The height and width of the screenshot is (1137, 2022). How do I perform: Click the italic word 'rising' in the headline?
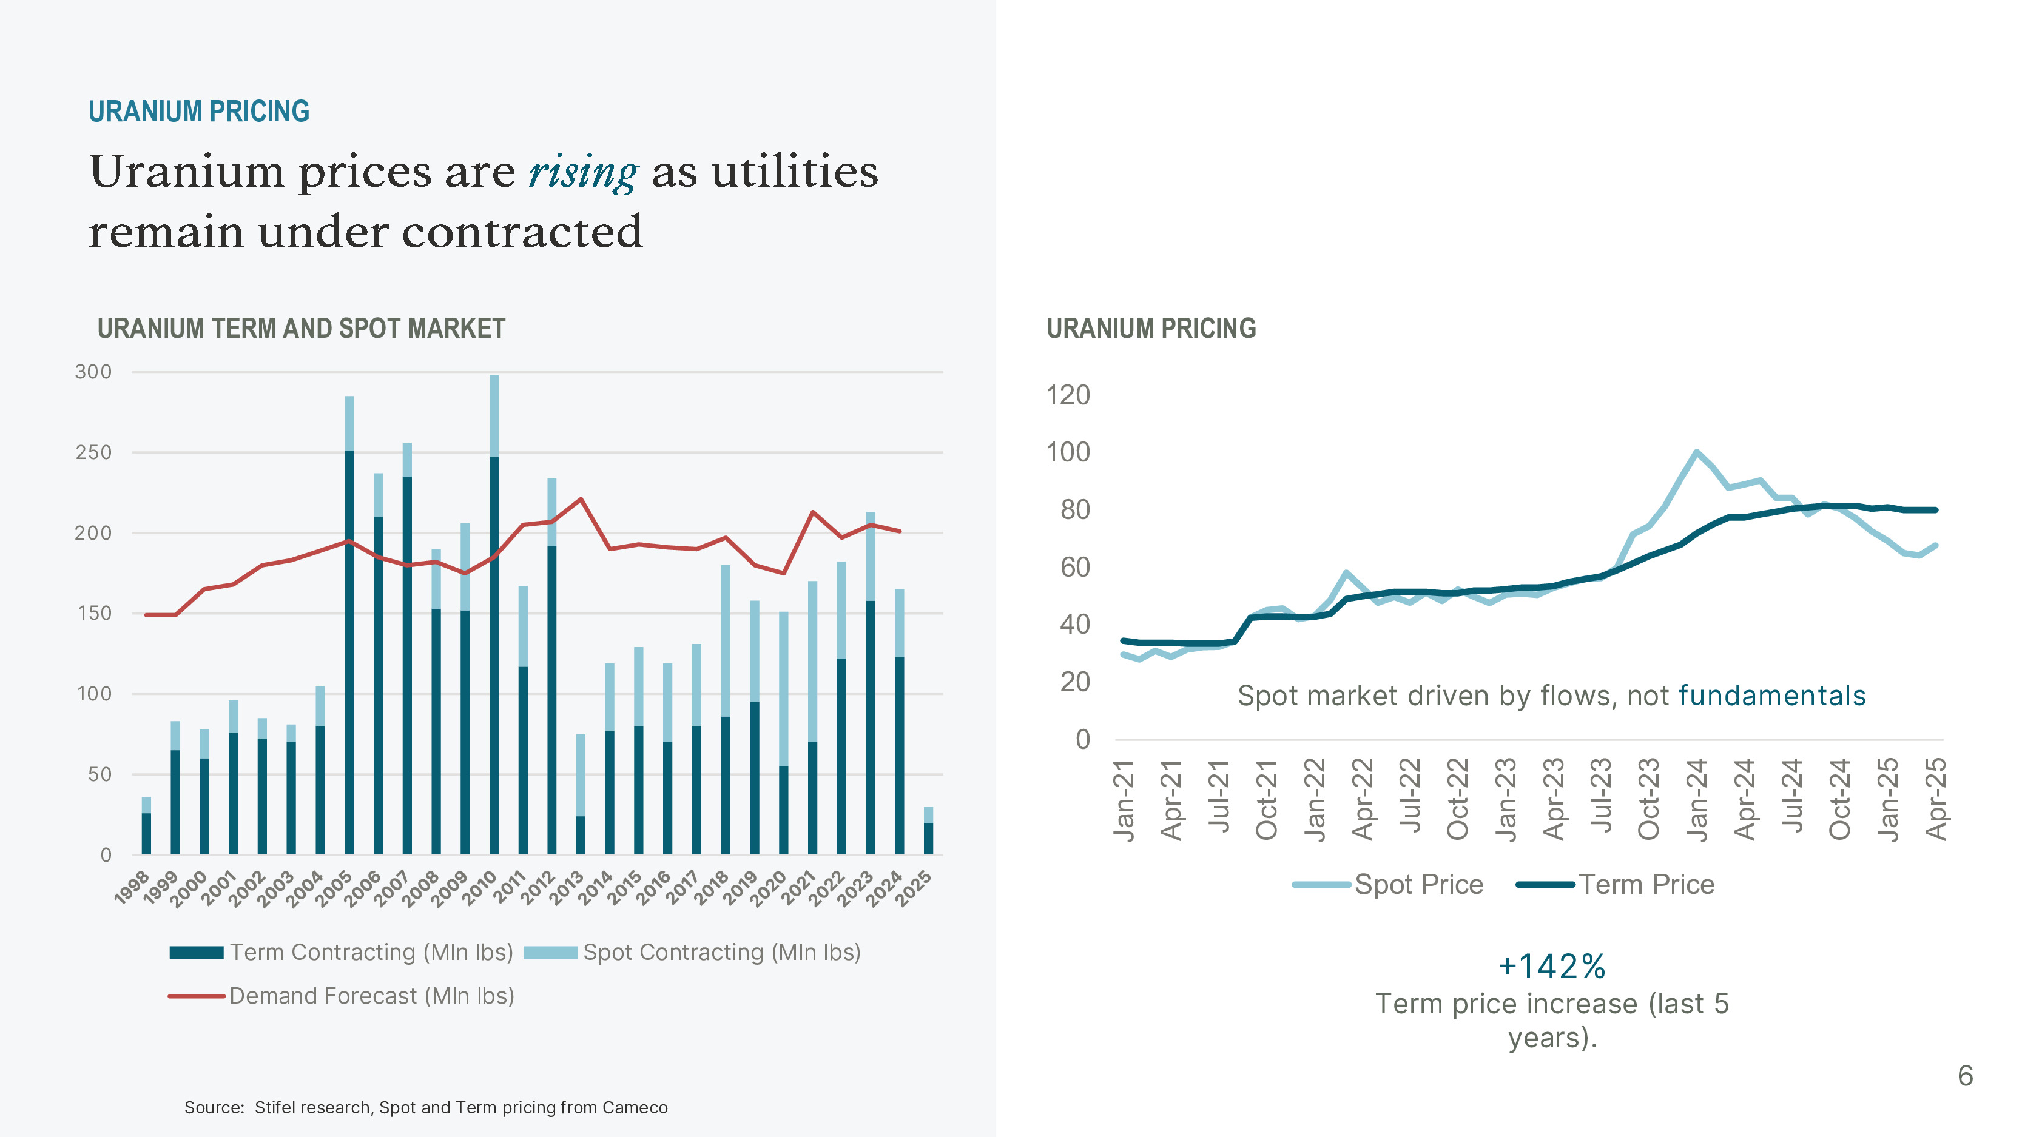pos(583,173)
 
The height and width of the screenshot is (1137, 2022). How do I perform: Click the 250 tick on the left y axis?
pos(93,453)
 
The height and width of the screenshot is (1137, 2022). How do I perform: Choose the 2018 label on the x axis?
pos(713,888)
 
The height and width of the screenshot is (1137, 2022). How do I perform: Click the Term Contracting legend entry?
pos(342,953)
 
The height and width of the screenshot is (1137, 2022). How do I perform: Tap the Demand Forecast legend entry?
pos(342,996)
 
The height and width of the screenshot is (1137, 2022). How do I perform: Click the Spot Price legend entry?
pos(1389,885)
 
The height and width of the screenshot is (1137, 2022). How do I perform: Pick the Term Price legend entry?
pos(1617,885)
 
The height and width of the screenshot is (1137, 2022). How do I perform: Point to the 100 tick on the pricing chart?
pos(1068,453)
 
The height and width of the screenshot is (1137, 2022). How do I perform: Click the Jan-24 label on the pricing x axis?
pos(1697,799)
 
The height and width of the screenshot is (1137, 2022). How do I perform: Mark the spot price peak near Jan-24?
pos(1697,453)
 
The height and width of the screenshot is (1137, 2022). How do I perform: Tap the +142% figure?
pos(1552,967)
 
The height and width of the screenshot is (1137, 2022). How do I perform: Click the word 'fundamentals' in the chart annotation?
pos(1771,696)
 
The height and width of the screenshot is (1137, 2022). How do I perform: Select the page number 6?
pos(1966,1076)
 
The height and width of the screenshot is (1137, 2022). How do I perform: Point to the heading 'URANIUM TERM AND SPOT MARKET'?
pos(302,329)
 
